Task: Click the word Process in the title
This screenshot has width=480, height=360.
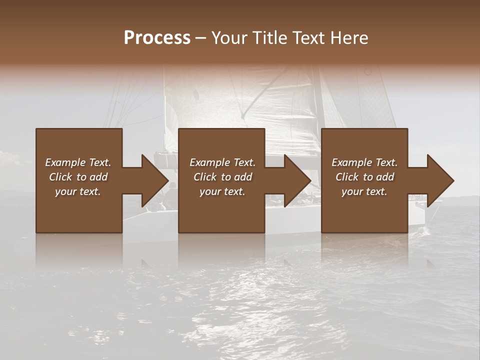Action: coord(157,38)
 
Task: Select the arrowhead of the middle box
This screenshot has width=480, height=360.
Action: coord(297,180)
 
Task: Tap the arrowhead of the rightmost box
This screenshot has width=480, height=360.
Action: coord(440,180)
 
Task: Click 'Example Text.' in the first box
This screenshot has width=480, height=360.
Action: coord(78,162)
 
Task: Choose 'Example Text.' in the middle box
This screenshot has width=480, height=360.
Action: coord(222,162)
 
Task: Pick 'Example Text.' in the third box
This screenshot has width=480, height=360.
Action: coord(364,162)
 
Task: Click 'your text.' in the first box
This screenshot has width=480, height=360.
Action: coord(78,191)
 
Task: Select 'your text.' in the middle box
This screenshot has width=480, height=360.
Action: coord(222,191)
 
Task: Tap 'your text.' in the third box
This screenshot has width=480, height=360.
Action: coord(364,191)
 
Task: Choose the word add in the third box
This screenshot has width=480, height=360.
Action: coord(385,177)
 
